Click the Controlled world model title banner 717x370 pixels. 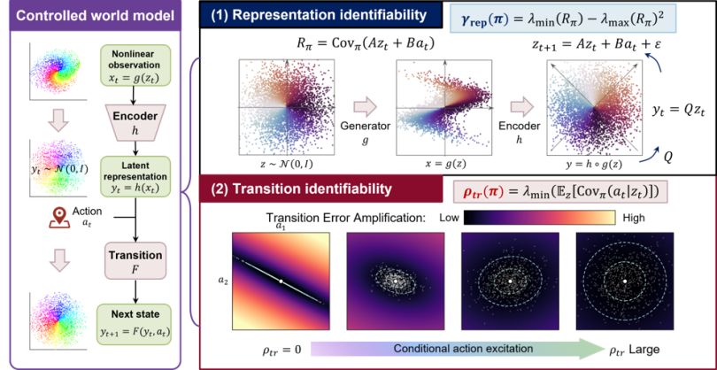(x=96, y=18)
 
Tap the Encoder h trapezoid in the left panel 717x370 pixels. (x=135, y=122)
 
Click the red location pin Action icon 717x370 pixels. (x=58, y=218)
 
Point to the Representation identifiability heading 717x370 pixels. (x=321, y=16)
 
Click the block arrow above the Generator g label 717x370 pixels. (x=365, y=108)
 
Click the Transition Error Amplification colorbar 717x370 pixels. (x=541, y=218)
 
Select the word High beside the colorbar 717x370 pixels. (x=634, y=219)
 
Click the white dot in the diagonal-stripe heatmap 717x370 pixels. (x=281, y=281)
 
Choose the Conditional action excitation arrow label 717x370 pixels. (x=463, y=349)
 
